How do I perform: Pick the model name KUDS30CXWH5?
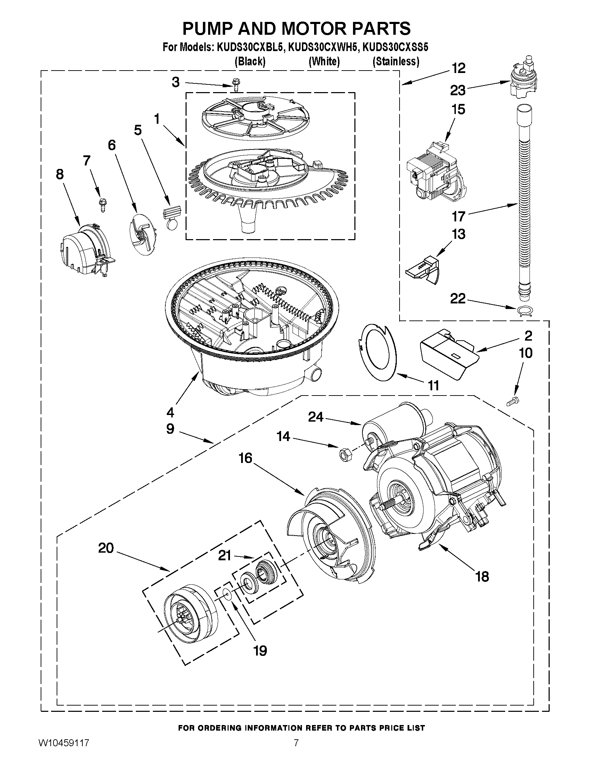(x=323, y=47)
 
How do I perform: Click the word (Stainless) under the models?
(x=396, y=62)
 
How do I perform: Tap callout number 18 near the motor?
(x=482, y=576)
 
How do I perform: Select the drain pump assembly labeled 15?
(x=434, y=172)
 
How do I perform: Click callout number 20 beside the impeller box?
(x=106, y=548)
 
